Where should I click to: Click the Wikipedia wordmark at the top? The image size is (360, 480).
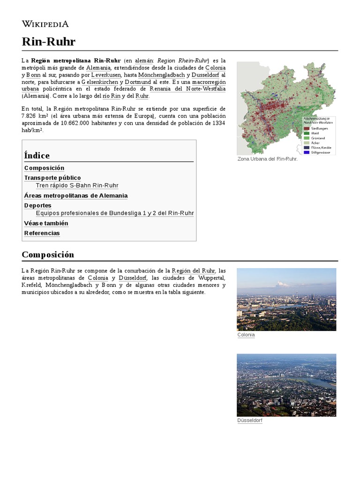click(x=45, y=23)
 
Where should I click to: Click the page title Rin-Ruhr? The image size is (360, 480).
click(x=48, y=42)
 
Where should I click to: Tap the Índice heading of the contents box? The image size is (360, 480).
click(x=37, y=155)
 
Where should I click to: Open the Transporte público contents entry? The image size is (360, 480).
click(x=52, y=178)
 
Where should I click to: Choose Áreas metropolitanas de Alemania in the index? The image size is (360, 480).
click(x=75, y=195)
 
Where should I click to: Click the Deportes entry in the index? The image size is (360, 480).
click(x=37, y=205)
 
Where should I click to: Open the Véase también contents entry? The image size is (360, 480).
click(x=46, y=223)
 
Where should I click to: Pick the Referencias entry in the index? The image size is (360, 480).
click(x=42, y=233)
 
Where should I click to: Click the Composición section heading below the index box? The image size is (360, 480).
click(x=48, y=255)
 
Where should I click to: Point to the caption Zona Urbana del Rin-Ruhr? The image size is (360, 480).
click(x=267, y=159)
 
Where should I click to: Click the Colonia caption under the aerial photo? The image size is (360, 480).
click(x=246, y=335)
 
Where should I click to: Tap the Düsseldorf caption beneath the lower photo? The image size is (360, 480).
click(x=250, y=421)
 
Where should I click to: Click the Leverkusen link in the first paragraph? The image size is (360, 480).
click(x=106, y=75)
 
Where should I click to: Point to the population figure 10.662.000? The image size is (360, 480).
click(x=76, y=123)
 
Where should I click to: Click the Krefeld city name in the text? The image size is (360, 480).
click(x=31, y=285)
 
